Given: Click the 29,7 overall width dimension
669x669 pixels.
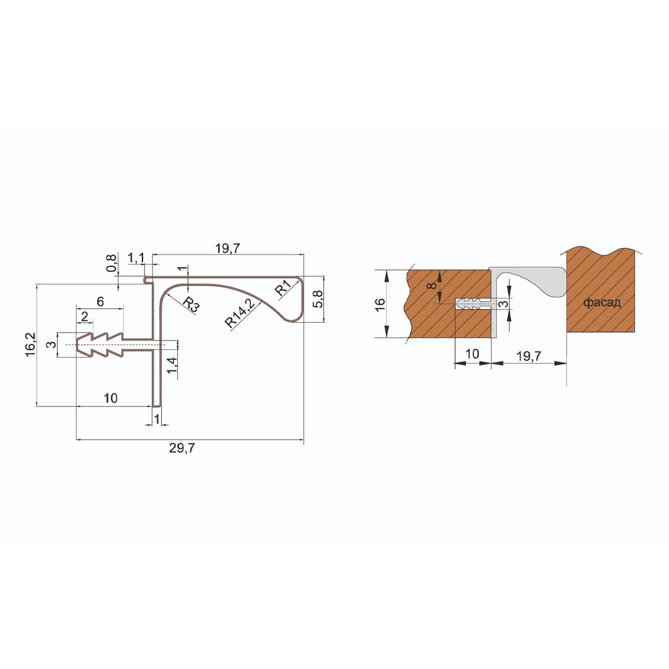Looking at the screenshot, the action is tap(182, 448).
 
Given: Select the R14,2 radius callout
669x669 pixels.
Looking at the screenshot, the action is tap(240, 313).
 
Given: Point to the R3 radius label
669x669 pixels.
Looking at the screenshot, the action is tap(191, 305).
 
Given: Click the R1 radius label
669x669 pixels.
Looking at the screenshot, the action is tap(283, 287).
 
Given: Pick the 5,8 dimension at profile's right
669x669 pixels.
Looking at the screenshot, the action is tap(318, 299).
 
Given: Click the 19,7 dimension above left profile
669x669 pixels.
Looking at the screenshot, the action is tap(227, 248).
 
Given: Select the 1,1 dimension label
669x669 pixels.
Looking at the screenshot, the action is tap(136, 258).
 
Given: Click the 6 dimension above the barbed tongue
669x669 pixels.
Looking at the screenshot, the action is tap(100, 302).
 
